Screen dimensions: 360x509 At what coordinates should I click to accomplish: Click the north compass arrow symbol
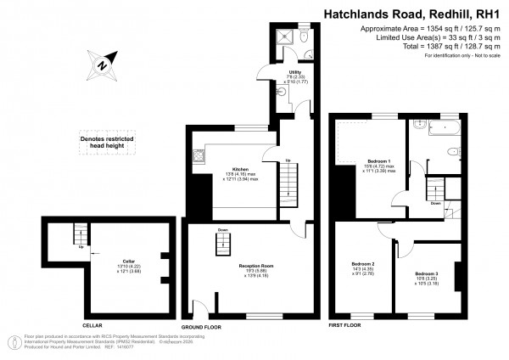tap(101, 63)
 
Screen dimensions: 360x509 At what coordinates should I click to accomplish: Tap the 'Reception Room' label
tap(254, 267)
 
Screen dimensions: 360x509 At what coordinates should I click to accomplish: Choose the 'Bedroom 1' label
tap(378, 161)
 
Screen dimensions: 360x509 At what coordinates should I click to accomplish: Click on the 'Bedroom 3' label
tap(427, 274)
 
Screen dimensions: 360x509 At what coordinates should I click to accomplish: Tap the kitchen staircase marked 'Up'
tap(289, 180)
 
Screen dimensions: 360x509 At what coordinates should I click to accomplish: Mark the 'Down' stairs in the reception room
tap(222, 245)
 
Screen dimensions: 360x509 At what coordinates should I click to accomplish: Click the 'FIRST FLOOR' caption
tap(344, 325)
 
